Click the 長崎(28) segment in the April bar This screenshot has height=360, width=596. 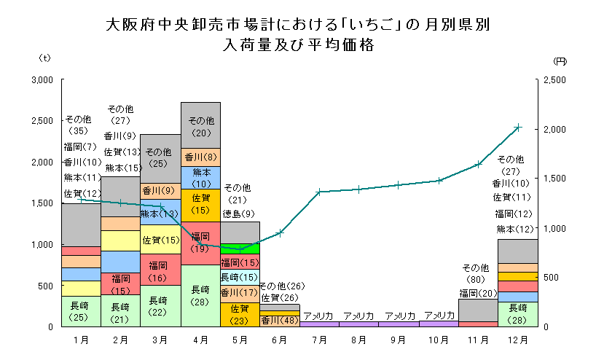(200, 295)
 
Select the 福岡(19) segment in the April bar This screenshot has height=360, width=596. (200, 243)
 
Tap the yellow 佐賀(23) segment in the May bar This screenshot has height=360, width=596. (240, 314)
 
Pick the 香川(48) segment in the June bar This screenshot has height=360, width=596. (279, 320)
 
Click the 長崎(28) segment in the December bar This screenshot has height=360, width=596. (517, 313)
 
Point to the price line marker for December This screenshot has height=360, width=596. (517, 128)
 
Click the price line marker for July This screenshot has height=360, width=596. (319, 192)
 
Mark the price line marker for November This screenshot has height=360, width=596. (478, 165)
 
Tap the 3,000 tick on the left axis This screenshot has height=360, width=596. (43, 79)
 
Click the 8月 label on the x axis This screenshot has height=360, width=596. (358, 340)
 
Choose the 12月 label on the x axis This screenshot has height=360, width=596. (517, 340)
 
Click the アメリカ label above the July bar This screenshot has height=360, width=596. (319, 316)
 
